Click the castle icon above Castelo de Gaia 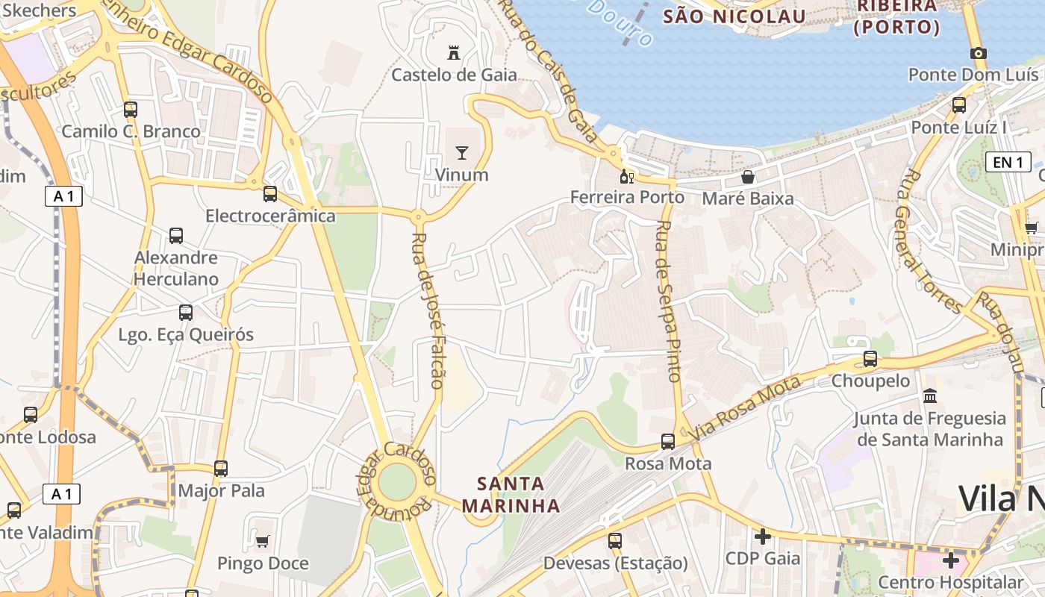453,52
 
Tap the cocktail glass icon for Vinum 462,153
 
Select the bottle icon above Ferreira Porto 627,177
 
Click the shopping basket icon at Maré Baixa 747,177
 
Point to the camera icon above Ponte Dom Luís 978,53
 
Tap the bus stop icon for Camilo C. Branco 131,110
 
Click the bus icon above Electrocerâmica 270,194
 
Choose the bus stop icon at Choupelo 870,359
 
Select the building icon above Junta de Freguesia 930,396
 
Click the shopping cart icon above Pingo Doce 262,541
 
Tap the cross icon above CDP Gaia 762,537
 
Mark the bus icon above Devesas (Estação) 615,541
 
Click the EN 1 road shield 1008,162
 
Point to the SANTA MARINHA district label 511,494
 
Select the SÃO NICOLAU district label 734,16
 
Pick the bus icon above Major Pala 221,469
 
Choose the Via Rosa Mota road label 746,407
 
